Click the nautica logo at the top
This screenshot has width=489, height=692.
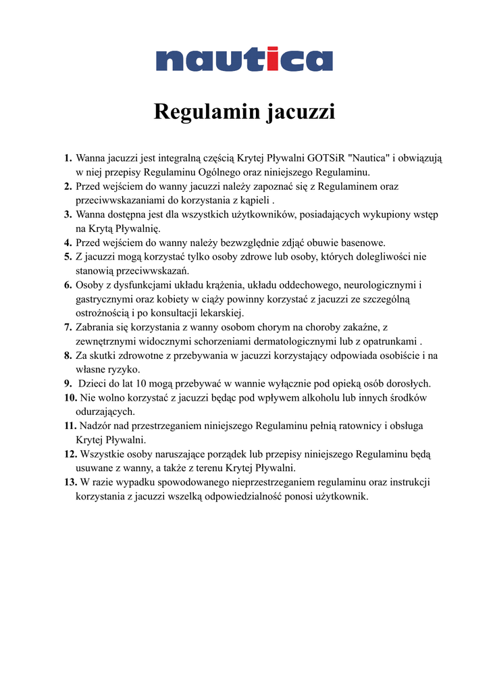pyautogui.click(x=244, y=59)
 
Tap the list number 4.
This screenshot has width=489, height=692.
pyautogui.click(x=68, y=243)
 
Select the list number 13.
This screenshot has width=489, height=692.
pyautogui.click(x=70, y=483)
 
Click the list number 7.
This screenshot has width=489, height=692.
pyautogui.click(x=68, y=327)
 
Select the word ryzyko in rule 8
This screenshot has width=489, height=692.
pyautogui.click(x=123, y=370)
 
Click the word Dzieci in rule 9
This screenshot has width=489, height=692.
pyautogui.click(x=93, y=384)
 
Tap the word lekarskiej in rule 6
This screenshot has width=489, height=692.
pyautogui.click(x=222, y=313)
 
